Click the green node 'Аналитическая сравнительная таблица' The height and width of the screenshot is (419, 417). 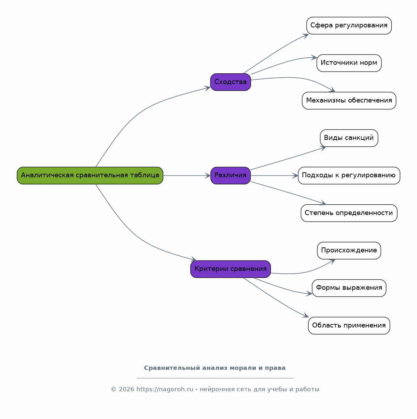(x=90, y=176)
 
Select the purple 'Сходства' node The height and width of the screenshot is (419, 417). (x=230, y=82)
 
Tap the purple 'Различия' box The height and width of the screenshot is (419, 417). (x=230, y=176)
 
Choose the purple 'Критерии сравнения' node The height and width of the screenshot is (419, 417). (x=230, y=269)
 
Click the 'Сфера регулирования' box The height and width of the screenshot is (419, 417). (x=349, y=26)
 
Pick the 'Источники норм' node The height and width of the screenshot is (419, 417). (x=349, y=63)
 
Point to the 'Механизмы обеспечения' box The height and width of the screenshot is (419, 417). (x=349, y=100)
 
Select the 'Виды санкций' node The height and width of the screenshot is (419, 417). (x=349, y=138)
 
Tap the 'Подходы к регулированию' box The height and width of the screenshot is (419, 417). (x=349, y=176)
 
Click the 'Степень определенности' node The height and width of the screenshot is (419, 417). (x=349, y=213)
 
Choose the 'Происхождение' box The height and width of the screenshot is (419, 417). (x=349, y=251)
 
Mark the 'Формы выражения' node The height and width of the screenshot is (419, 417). (x=349, y=288)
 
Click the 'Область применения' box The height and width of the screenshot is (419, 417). (x=349, y=325)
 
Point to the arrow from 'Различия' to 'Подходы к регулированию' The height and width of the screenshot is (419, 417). (x=274, y=176)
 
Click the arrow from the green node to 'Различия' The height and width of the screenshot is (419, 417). (x=187, y=176)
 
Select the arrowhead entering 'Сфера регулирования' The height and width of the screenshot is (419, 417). (x=306, y=36)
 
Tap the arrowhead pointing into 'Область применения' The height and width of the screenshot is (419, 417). (x=306, y=315)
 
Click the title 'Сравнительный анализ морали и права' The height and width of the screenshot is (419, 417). (x=215, y=368)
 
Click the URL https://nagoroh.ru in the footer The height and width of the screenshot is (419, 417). (x=165, y=389)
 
